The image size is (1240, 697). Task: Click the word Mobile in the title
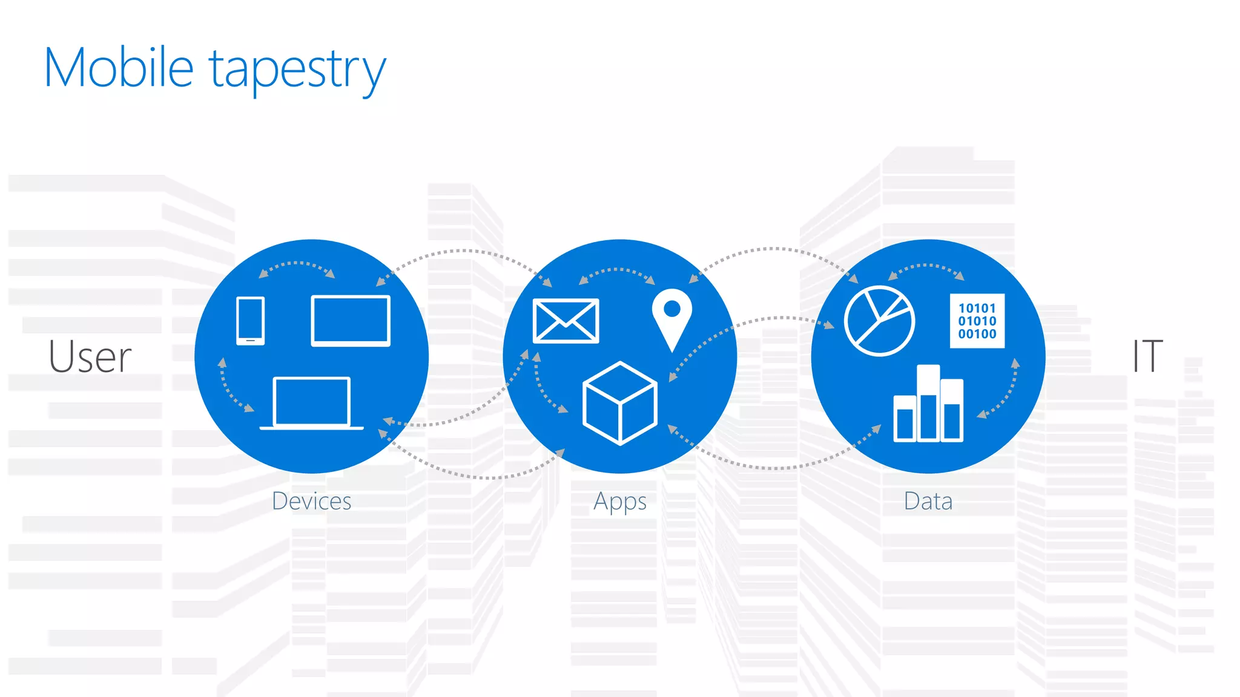[x=119, y=68]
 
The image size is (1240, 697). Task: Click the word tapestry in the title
[x=297, y=70]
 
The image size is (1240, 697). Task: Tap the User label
[x=90, y=356]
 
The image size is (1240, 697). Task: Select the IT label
[x=1147, y=356]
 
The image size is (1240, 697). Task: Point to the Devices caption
[x=311, y=501]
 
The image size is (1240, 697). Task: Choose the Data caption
[x=928, y=501]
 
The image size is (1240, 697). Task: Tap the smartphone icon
[x=250, y=321]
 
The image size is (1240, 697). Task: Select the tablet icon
[x=351, y=321]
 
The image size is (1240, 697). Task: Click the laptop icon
[x=311, y=403]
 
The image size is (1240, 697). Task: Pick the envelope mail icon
[x=566, y=321]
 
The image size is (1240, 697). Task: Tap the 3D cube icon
[x=619, y=403]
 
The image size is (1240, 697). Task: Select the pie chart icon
[x=879, y=321]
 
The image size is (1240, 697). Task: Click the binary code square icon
[x=977, y=321]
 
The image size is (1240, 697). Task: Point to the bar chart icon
[x=928, y=404]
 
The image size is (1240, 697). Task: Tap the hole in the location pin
[x=672, y=309]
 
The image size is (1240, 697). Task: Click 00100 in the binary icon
[x=977, y=334]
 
